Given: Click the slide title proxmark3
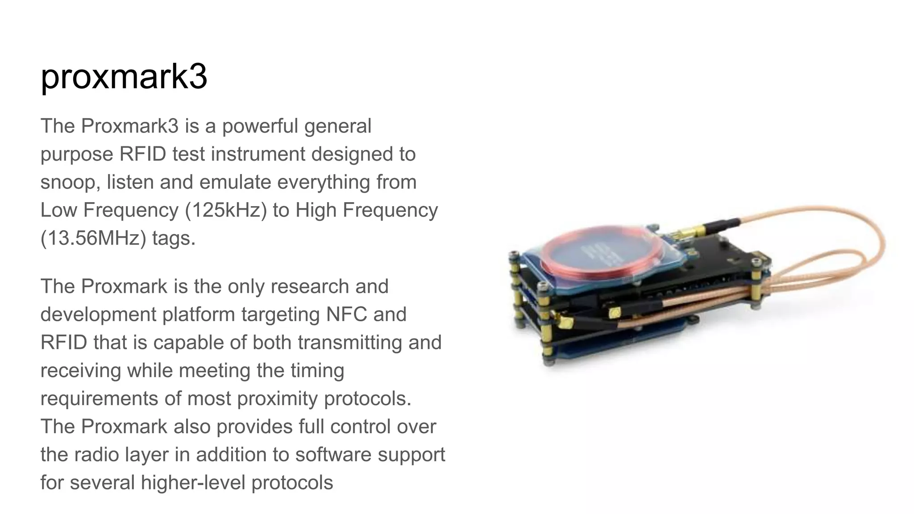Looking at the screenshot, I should pyautogui.click(x=124, y=77).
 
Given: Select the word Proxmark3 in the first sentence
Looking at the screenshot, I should pyautogui.click(x=129, y=126).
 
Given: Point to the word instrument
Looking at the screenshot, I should pyautogui.click(x=258, y=154).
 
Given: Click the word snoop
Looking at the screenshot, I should pyautogui.click(x=70, y=182).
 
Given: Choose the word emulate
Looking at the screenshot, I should pyautogui.click(x=235, y=182).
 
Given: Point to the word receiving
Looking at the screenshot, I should pyautogui.click(x=80, y=371).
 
